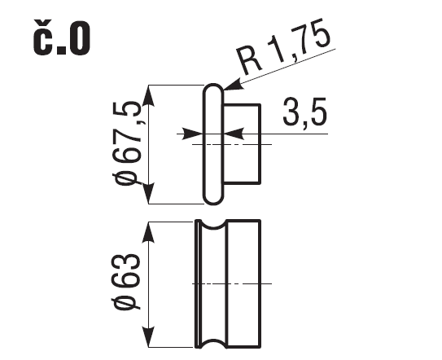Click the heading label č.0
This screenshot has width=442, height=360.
pos(61,37)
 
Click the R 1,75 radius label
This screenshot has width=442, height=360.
pos(283,47)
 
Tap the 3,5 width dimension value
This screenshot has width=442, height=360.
pos(304,112)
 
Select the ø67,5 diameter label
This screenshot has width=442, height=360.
pos(127,143)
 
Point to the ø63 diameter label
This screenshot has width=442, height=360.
pos(126,282)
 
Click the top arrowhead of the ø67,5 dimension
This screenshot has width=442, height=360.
pos(149,95)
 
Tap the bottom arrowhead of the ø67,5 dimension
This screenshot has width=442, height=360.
pos(149,193)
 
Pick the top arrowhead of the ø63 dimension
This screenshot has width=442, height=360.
pos(149,233)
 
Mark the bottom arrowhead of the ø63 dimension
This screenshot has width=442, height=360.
pos(149,336)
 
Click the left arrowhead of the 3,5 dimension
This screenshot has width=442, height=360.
pos(193,134)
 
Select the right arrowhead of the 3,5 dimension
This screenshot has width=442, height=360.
pos(234,134)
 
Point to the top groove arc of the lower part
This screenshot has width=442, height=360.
pos(213,227)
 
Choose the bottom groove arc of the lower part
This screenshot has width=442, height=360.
pos(213,340)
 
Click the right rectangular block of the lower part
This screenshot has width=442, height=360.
pos(244,283)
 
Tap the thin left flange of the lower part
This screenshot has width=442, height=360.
pos(199,283)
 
